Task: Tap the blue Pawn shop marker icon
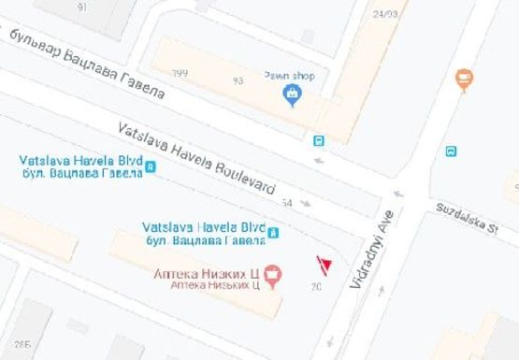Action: [293, 94]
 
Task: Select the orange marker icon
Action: [464, 79]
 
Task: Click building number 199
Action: [180, 73]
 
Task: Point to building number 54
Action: [286, 203]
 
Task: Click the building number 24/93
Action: [384, 14]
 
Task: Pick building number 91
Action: [82, 7]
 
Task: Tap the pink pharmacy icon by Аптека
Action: [272, 273]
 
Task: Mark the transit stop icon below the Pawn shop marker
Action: [319, 141]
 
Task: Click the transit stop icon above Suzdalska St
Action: [452, 151]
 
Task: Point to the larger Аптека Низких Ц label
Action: [206, 273]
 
